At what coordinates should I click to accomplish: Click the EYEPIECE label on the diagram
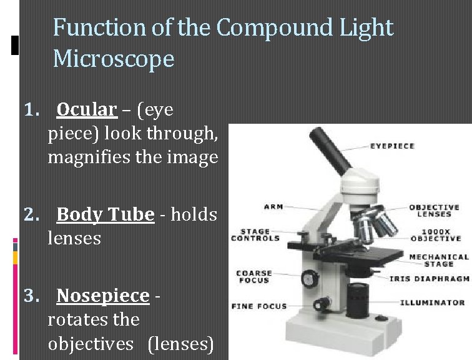click(393, 146)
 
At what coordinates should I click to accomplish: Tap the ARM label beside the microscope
click(273, 207)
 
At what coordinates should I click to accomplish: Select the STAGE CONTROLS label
click(255, 234)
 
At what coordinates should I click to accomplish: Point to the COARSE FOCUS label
click(254, 277)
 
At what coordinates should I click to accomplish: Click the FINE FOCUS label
click(258, 306)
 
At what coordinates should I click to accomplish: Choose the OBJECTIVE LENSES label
click(434, 211)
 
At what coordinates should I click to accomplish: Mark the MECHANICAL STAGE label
click(439, 260)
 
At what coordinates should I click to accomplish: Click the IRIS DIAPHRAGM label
click(429, 279)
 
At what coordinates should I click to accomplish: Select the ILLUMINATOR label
click(433, 302)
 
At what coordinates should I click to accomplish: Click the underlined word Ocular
click(86, 110)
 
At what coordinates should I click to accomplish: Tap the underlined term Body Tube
click(105, 215)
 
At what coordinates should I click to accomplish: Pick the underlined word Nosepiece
click(102, 296)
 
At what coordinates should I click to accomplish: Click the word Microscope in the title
click(114, 59)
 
